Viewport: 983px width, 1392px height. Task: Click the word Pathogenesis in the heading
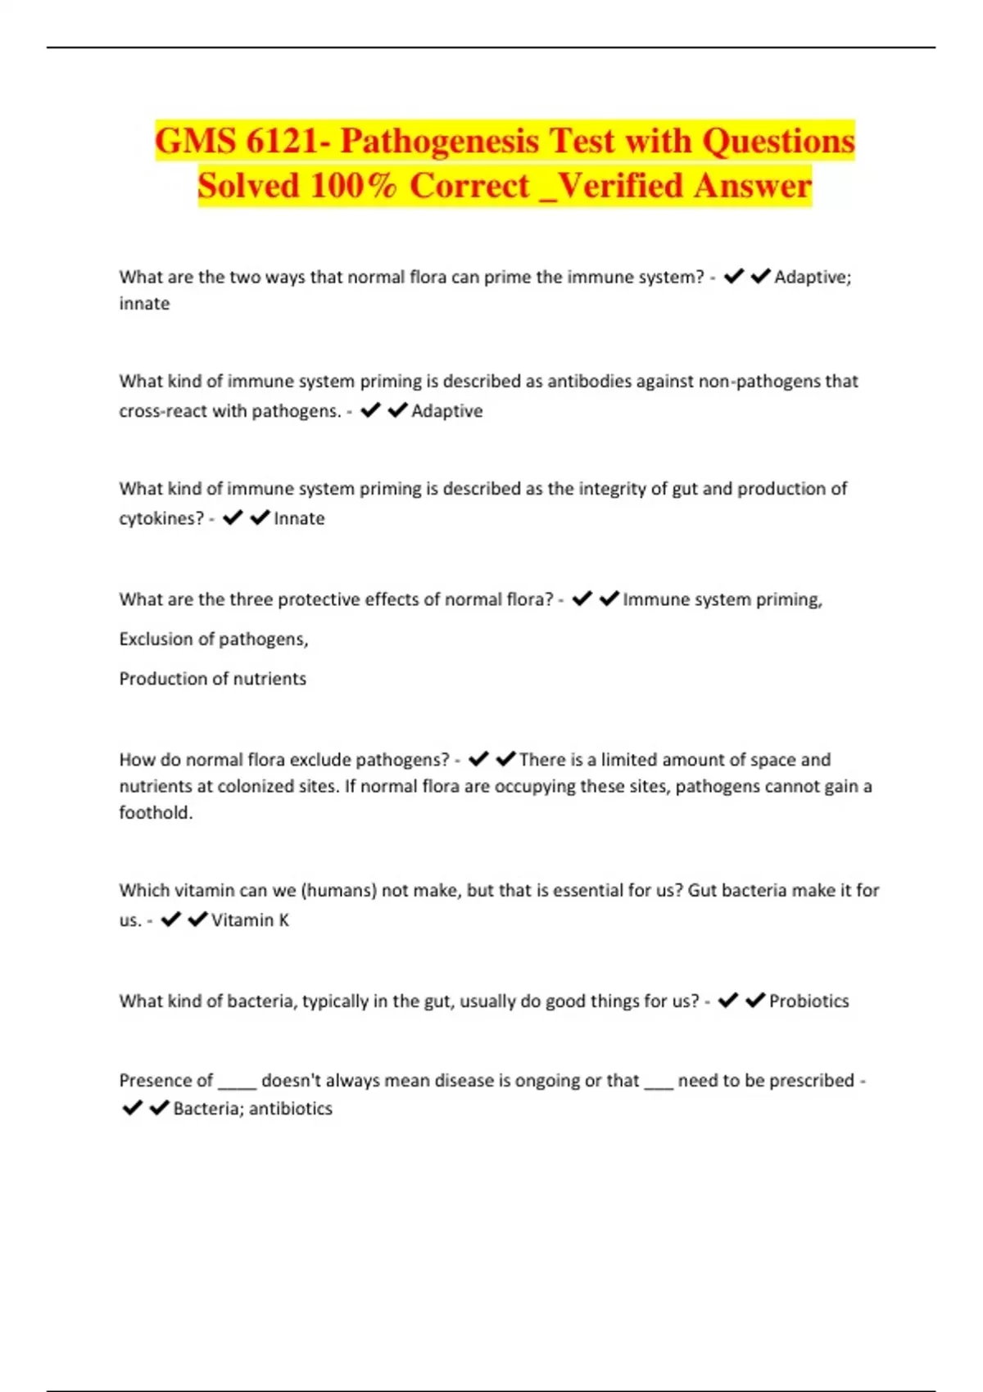(439, 141)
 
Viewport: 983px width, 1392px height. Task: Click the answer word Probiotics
(809, 1001)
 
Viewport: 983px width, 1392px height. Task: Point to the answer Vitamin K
(250, 920)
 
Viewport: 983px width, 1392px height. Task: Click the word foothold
(156, 812)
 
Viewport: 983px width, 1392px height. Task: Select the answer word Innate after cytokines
(299, 518)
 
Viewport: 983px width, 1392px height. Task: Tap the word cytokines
(161, 518)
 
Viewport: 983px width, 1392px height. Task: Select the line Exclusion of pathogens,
(214, 639)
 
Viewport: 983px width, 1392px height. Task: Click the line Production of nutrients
(212, 679)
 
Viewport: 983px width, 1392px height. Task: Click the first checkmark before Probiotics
(727, 1000)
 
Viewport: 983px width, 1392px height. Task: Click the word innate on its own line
(144, 304)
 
